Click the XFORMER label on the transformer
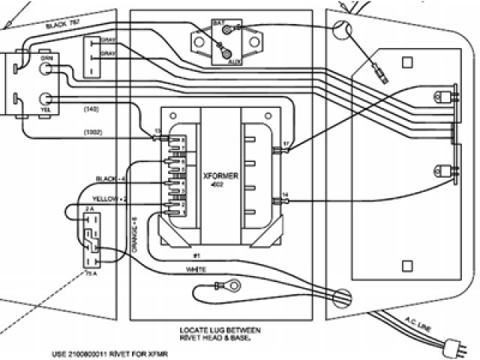(x=220, y=175)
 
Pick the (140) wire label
(x=90, y=111)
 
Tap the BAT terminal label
(x=219, y=24)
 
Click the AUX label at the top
(x=233, y=63)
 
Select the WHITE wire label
(x=196, y=268)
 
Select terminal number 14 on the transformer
(x=286, y=196)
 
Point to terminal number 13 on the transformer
(x=156, y=132)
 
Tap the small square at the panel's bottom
(x=407, y=265)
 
